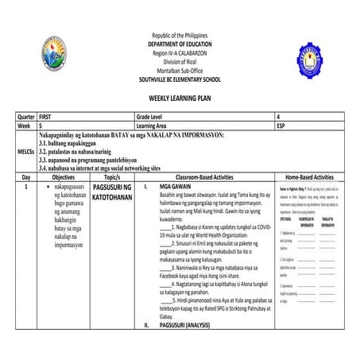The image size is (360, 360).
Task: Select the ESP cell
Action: (x=282, y=126)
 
